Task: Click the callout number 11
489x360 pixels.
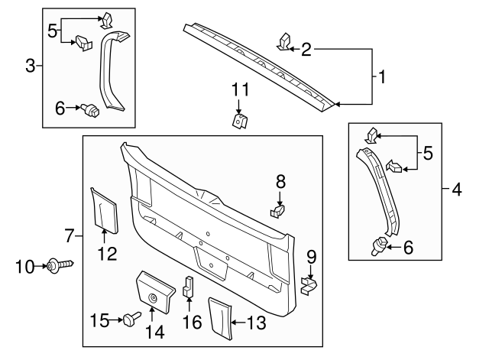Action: [241, 90]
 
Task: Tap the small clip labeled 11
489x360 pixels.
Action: [239, 120]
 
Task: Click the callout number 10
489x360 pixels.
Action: [25, 266]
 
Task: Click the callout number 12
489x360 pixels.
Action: [107, 253]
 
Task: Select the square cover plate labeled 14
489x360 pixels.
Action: [152, 291]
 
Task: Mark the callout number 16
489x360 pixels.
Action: [191, 323]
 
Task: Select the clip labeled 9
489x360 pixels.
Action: [309, 285]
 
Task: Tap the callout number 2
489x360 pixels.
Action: [306, 50]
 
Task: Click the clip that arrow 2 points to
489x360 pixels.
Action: [283, 41]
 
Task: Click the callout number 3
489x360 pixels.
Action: [31, 66]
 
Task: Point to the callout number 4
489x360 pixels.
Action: [456, 188]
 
